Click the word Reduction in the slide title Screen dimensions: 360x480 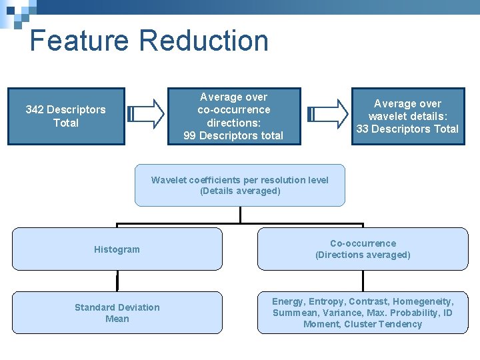coord(204,41)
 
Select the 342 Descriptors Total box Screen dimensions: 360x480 coord(66,116)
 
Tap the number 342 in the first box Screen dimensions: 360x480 coord(35,110)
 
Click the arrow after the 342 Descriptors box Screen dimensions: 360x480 coord(146,113)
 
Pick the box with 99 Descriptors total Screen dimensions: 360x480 coord(233,116)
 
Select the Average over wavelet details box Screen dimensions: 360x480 coord(407,116)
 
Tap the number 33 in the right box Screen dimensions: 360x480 coord(363,129)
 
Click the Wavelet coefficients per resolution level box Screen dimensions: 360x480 coord(240,185)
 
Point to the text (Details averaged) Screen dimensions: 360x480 coord(240,191)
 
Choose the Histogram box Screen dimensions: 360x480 coord(117,249)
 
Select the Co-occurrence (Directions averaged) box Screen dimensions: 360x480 coord(363,249)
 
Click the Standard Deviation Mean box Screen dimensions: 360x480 coord(117,313)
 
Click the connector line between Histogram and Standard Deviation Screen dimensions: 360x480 coord(117,281)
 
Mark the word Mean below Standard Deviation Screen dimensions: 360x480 coord(117,319)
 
